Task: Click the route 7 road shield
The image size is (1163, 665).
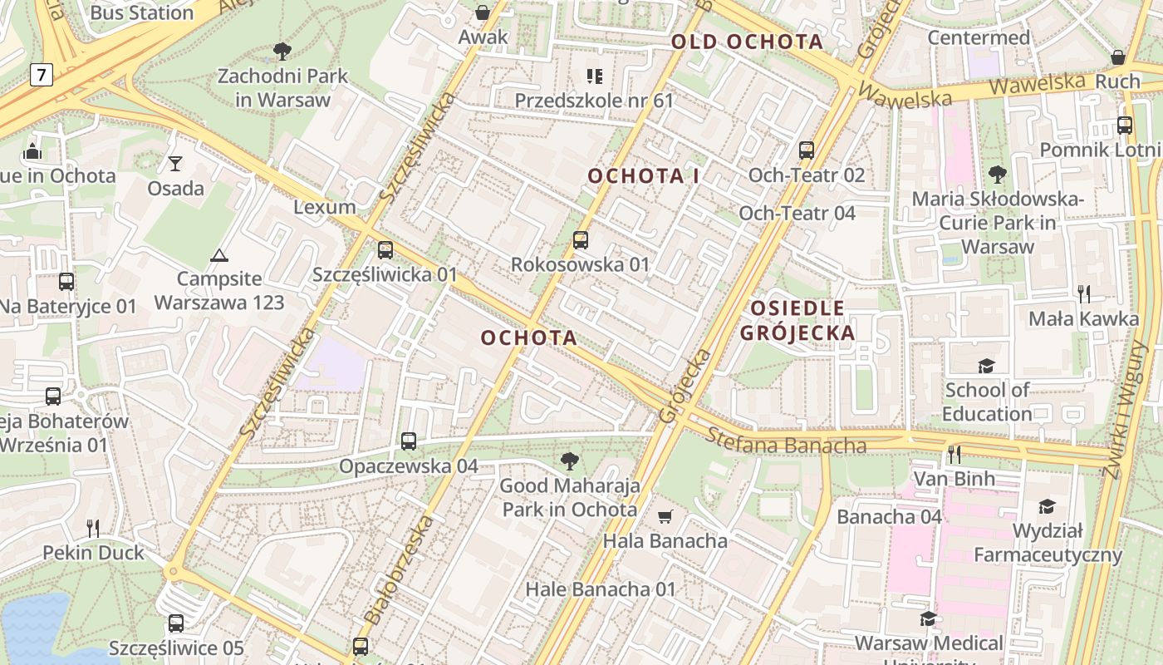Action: (41, 76)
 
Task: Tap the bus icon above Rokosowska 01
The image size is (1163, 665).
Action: (581, 240)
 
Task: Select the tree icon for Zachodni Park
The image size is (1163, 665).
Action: (282, 52)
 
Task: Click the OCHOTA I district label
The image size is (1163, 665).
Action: (643, 176)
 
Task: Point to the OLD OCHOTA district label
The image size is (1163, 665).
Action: (747, 42)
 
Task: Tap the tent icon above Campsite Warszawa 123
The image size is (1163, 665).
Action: (219, 255)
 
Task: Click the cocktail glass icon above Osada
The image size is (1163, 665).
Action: (175, 164)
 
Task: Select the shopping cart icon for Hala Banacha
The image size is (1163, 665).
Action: (665, 517)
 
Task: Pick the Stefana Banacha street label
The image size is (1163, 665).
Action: (786, 441)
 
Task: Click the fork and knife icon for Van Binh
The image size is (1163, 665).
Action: (954, 454)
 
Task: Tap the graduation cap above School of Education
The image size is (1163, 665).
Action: (986, 366)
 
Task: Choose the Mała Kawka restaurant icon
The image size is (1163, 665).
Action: (1083, 293)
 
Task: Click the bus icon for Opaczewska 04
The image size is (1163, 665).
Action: (409, 441)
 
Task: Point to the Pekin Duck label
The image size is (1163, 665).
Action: (93, 553)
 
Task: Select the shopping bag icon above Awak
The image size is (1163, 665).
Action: (483, 12)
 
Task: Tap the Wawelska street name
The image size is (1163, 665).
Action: (905, 96)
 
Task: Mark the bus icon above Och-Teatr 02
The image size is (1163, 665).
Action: (807, 150)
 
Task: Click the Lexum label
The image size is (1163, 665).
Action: (325, 207)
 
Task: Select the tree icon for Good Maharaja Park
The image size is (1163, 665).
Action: (570, 461)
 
